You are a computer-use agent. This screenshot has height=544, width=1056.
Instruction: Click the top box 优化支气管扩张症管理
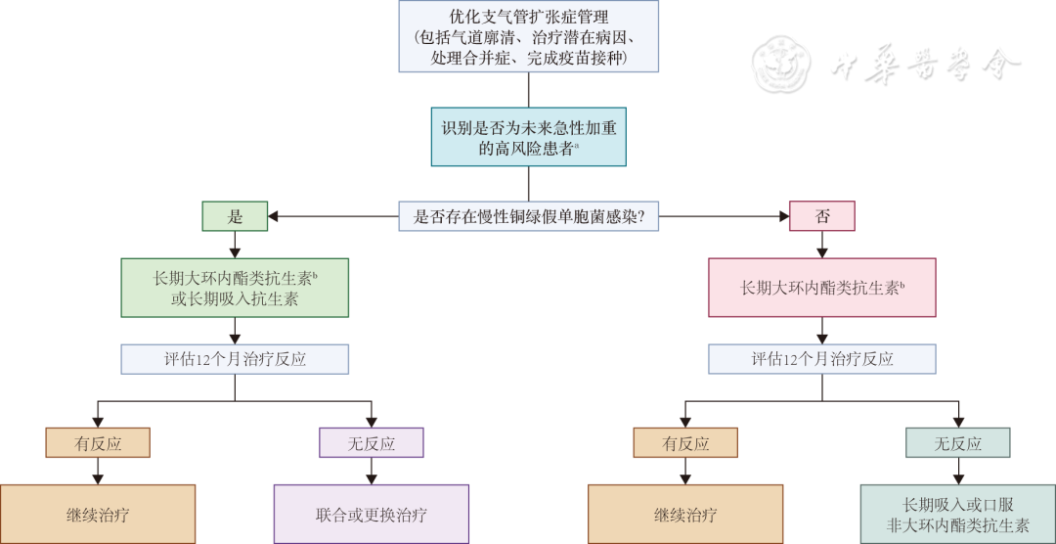tap(528, 36)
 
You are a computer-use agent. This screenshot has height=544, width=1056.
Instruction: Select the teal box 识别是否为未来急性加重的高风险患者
tap(528, 136)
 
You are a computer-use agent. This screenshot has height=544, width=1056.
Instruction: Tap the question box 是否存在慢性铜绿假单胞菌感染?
tap(528, 216)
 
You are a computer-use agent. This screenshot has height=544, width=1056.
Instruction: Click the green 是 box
tap(235, 216)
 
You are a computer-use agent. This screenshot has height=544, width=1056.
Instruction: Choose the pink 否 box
tap(821, 216)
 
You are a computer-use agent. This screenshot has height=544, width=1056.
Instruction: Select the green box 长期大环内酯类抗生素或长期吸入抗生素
tap(235, 288)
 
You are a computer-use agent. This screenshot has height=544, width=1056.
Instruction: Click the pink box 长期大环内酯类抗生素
tap(821, 288)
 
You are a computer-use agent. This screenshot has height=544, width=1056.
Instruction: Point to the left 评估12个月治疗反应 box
tap(235, 359)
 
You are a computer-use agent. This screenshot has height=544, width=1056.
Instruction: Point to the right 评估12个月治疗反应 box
tap(821, 359)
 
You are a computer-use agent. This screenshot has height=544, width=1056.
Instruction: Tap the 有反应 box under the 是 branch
tap(98, 443)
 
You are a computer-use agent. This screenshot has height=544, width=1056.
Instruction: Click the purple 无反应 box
tap(372, 443)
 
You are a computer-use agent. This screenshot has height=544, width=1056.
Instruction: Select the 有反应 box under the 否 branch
tap(684, 443)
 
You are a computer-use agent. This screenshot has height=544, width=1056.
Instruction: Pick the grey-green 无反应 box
tap(958, 443)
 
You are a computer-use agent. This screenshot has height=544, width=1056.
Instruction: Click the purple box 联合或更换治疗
tap(372, 514)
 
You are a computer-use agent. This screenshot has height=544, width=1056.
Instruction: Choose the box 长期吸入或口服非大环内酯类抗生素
tap(958, 514)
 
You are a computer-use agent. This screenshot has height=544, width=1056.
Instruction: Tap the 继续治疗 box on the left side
tap(98, 514)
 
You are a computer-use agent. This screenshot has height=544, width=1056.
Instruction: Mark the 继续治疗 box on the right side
tap(684, 514)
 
